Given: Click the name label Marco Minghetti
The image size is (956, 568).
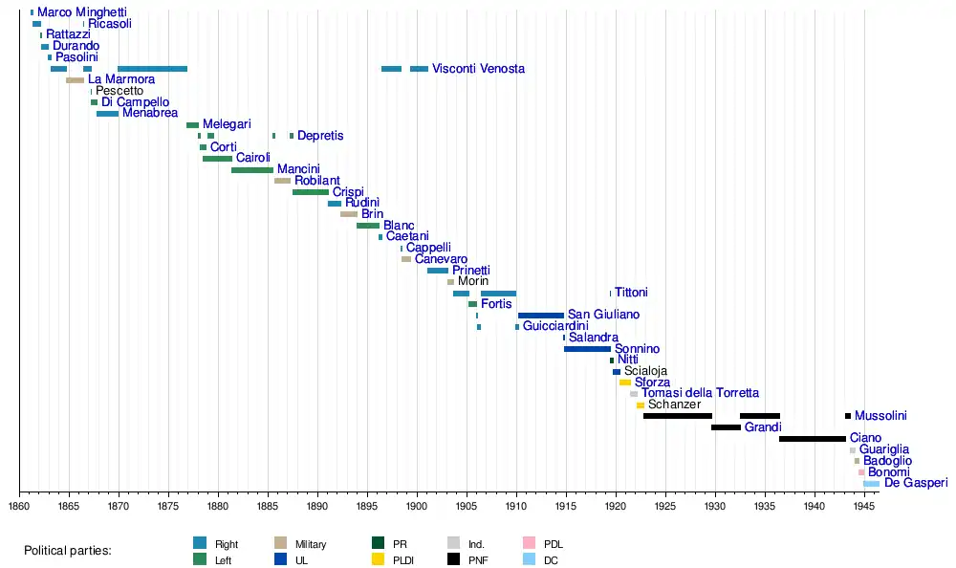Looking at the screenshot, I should pos(81,12).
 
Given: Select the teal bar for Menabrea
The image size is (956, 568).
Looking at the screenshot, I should pos(107,114).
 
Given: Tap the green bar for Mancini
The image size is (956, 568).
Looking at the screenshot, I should pos(251,170).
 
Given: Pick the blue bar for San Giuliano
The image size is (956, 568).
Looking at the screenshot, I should pos(541,316).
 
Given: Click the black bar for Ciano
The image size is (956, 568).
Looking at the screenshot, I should pos(812,439).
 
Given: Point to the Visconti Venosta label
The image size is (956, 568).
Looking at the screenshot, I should pos(478,69).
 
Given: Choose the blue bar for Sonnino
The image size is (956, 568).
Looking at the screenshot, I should pos(587,349).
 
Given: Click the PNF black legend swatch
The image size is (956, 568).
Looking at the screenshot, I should pos(455,560).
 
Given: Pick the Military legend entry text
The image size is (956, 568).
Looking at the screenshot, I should pos(311,544).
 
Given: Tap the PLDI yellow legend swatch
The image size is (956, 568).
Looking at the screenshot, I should pos(378,560).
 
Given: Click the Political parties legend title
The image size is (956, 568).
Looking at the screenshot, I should pos(68,551).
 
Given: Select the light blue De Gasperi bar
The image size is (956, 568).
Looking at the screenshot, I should pos(871,484).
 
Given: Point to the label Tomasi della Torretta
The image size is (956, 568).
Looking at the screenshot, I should pos(700,393).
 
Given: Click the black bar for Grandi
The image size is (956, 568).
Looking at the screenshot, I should pos(726,427).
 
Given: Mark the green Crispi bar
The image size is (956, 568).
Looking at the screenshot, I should pos(310,192).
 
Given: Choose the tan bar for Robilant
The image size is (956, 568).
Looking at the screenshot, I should pos(282,181).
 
